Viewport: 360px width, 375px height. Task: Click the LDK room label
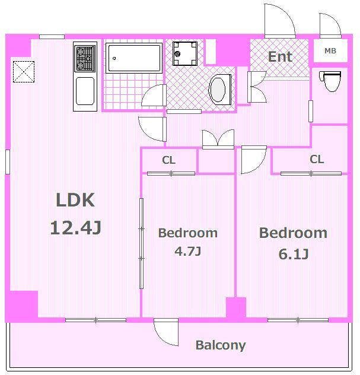[x=75, y=200]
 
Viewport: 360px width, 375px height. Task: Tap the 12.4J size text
[x=76, y=228]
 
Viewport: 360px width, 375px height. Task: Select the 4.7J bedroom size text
[x=187, y=251]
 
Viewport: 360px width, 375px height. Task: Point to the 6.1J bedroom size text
[x=294, y=254]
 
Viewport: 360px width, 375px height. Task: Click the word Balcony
[x=221, y=345]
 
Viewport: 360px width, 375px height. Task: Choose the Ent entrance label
[x=280, y=57]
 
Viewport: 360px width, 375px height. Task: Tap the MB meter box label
[x=330, y=50]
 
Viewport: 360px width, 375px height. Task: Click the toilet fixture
[x=330, y=81]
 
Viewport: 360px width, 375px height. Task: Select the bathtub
[x=133, y=58]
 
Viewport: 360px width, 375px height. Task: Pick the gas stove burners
[x=85, y=59]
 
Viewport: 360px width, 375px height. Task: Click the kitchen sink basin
[x=85, y=91]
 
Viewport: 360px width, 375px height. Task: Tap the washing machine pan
[x=185, y=53]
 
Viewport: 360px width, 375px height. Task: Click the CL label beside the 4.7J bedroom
[x=168, y=160]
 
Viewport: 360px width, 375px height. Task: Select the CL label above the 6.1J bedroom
[x=317, y=159]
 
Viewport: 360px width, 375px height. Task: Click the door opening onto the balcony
[x=166, y=332]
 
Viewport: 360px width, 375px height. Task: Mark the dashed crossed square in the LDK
[x=24, y=72]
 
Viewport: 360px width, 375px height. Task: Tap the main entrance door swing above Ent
[x=280, y=21]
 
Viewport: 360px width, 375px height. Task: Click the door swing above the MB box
[x=330, y=26]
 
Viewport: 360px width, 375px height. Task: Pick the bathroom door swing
[x=154, y=96]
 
